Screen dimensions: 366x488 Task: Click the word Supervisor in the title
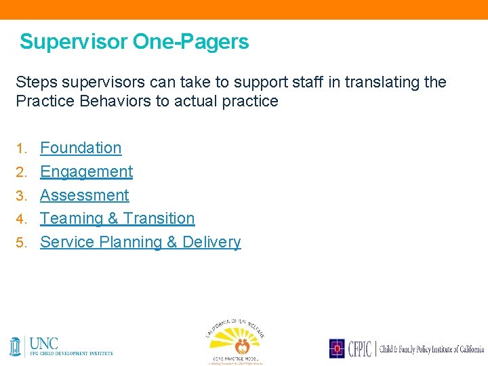73,42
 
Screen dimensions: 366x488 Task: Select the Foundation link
81,148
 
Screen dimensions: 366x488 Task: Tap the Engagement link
86,171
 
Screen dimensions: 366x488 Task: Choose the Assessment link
84,195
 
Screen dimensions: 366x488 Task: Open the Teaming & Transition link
117,218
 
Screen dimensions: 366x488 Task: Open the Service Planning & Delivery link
140,242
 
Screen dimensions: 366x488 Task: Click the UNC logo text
44,342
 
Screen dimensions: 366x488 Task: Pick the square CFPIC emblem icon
337,348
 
